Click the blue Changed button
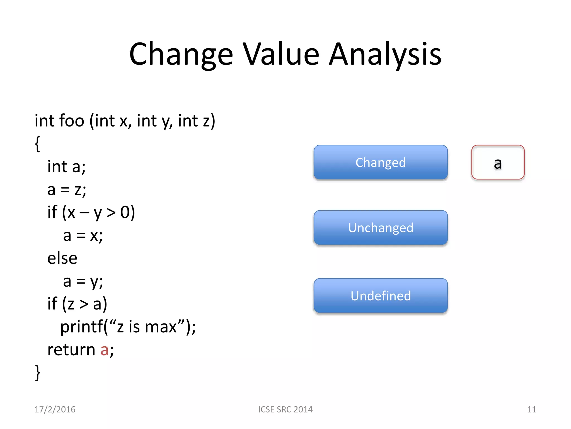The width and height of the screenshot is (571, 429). pos(381,162)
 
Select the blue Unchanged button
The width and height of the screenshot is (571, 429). pos(381,228)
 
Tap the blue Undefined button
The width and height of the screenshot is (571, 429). pos(381,296)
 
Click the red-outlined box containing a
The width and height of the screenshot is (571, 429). pos(498,162)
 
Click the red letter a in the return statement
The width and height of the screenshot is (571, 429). pos(104,350)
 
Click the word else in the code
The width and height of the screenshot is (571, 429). pos(62,258)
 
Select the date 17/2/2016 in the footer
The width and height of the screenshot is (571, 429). pos(55,409)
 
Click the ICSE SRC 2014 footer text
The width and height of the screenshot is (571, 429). pos(285,409)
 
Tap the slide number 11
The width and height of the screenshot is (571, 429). pos(531,409)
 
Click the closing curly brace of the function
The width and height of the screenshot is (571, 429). pos(38,372)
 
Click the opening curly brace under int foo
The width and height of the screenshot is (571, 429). pos(38,144)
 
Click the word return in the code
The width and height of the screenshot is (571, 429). pos(71,350)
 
